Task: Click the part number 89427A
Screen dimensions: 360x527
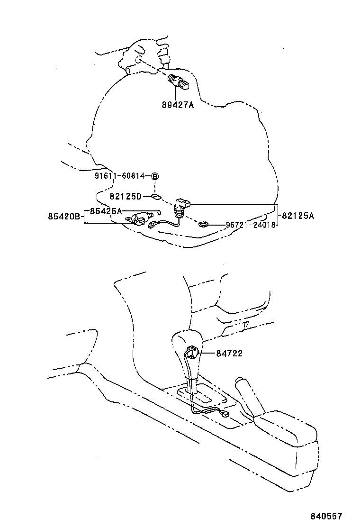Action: (x=178, y=105)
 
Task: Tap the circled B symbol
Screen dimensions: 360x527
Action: (x=155, y=176)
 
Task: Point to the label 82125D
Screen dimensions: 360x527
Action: (x=126, y=196)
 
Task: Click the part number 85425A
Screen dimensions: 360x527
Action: (x=106, y=211)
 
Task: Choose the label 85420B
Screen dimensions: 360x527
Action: (x=64, y=217)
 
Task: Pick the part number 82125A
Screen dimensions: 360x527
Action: (x=297, y=216)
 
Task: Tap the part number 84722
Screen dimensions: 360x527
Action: (x=229, y=353)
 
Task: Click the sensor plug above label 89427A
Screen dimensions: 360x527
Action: (x=179, y=82)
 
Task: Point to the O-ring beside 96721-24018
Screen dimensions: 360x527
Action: (x=204, y=224)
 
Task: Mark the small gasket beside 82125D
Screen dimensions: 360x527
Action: (x=156, y=196)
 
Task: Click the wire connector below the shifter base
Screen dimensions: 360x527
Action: (x=225, y=414)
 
